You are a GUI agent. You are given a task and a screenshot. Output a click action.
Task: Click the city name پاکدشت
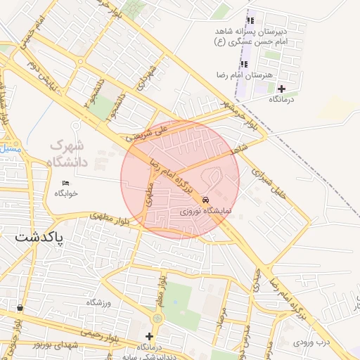(39, 238)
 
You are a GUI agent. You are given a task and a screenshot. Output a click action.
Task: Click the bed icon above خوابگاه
(65, 184)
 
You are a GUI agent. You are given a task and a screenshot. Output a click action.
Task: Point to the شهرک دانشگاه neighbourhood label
(70, 154)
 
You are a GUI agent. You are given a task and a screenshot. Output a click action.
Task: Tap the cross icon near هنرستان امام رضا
(281, 89)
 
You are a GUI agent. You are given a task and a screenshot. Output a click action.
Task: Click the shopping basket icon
(18, 308)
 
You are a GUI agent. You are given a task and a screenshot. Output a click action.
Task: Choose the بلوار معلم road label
(161, 289)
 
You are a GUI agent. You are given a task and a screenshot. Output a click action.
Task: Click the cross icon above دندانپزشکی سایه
(149, 336)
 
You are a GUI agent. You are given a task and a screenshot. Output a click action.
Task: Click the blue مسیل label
(10, 148)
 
